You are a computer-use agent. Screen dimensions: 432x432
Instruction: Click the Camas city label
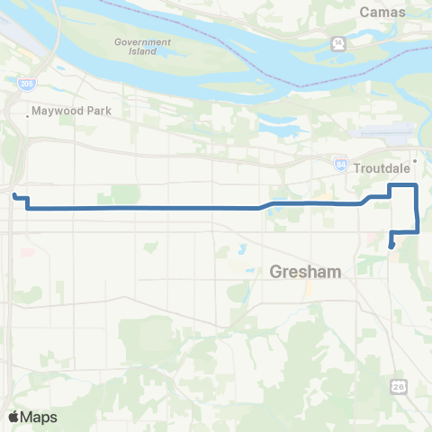click(x=383, y=12)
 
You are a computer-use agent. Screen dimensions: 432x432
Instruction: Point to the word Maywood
click(x=50, y=113)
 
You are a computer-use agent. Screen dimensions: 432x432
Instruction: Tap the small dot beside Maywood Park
click(x=26, y=113)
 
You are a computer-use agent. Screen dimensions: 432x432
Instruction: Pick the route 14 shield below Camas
click(x=337, y=42)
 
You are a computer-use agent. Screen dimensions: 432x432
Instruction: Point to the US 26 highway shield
click(x=399, y=385)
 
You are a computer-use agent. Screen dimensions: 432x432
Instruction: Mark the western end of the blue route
click(x=14, y=194)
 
